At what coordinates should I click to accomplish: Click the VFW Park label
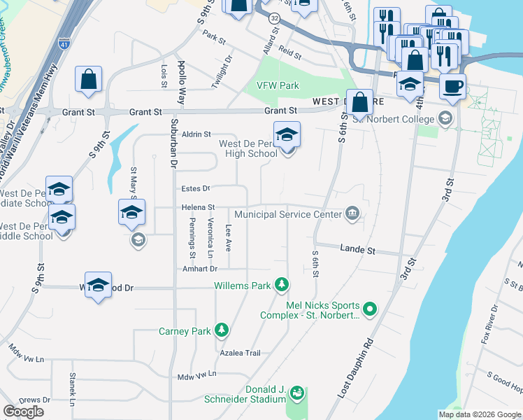click(278, 85)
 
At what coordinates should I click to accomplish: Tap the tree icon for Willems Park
click(281, 284)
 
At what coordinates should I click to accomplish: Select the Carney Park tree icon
click(222, 329)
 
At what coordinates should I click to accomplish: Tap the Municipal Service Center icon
click(352, 214)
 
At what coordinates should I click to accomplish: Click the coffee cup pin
click(452, 87)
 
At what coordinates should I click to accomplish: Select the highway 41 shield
click(64, 43)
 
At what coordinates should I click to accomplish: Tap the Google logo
click(23, 412)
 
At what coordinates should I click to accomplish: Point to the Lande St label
click(358, 249)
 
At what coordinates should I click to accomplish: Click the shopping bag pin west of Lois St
click(89, 80)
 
